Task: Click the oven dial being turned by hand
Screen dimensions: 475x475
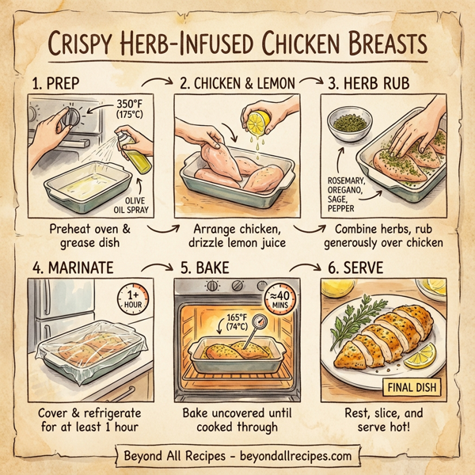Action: (69, 118)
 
